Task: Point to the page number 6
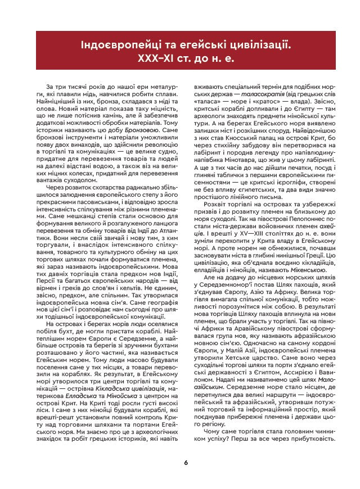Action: tap(186, 463)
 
